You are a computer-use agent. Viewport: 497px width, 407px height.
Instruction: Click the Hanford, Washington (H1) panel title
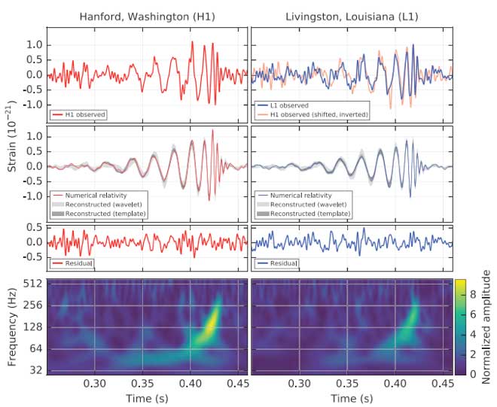coord(146,16)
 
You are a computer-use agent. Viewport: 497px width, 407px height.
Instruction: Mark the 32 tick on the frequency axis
coord(35,371)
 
